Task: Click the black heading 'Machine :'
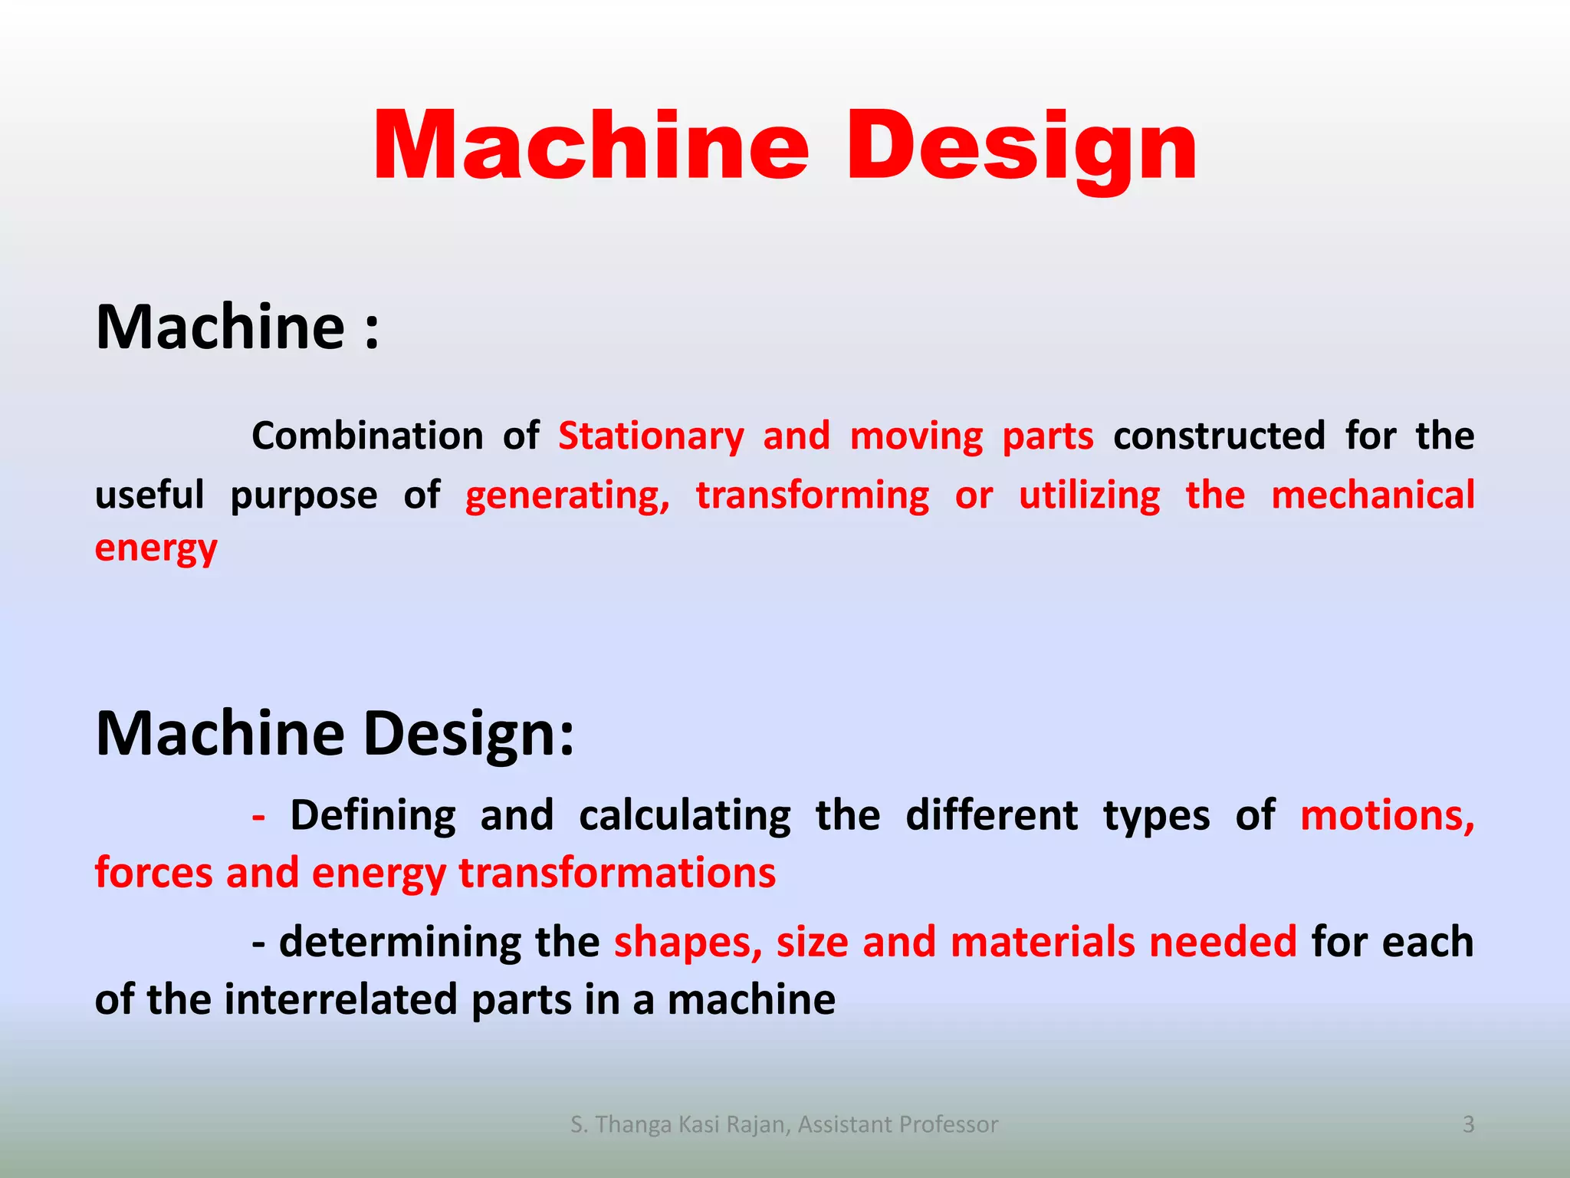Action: pos(237,327)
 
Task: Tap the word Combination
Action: pos(367,436)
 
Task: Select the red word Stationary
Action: pos(651,436)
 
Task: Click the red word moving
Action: pos(916,436)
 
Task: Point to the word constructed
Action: pos(1219,436)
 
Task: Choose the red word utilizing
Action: pos(1089,495)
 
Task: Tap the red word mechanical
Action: pos(1372,495)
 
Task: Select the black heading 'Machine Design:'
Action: pos(334,734)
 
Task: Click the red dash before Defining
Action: pos(259,816)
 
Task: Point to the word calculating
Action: pos(685,815)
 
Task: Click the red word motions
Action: pos(1387,815)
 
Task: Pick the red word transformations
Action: pos(617,874)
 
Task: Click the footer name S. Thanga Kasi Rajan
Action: pos(678,1124)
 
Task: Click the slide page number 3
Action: pos(1468,1124)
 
